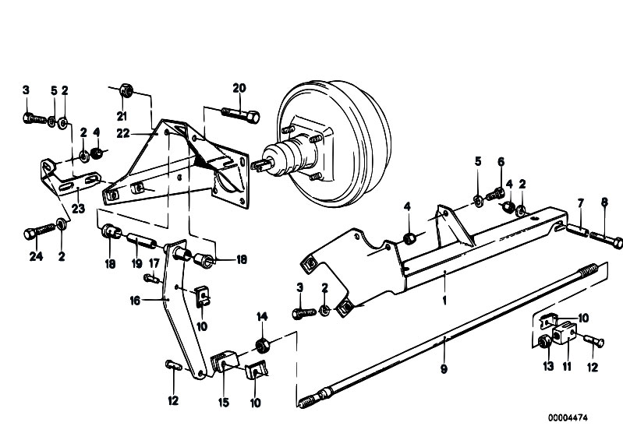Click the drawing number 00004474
point(568,417)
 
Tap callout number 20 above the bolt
point(239,88)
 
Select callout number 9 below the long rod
point(444,369)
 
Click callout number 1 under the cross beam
point(444,301)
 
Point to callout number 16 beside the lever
point(135,301)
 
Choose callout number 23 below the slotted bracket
point(78,208)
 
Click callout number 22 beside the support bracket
point(123,133)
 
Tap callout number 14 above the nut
point(262,317)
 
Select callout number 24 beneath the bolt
point(36,256)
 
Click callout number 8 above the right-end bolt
point(604,202)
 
